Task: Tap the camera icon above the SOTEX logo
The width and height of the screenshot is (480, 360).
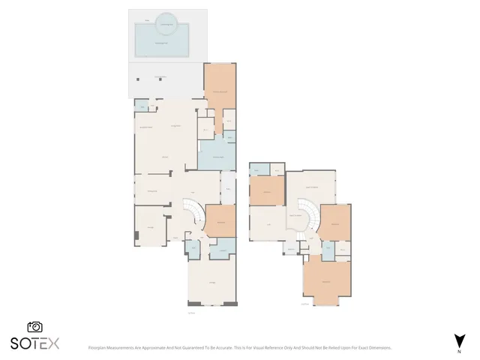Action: coord(34,327)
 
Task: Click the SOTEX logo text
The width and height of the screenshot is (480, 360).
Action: coord(34,343)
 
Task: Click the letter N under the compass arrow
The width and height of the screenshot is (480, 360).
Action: coord(458,351)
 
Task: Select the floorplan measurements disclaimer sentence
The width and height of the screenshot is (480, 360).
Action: coord(239,348)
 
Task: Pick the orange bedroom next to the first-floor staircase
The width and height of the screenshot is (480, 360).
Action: coord(221,221)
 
